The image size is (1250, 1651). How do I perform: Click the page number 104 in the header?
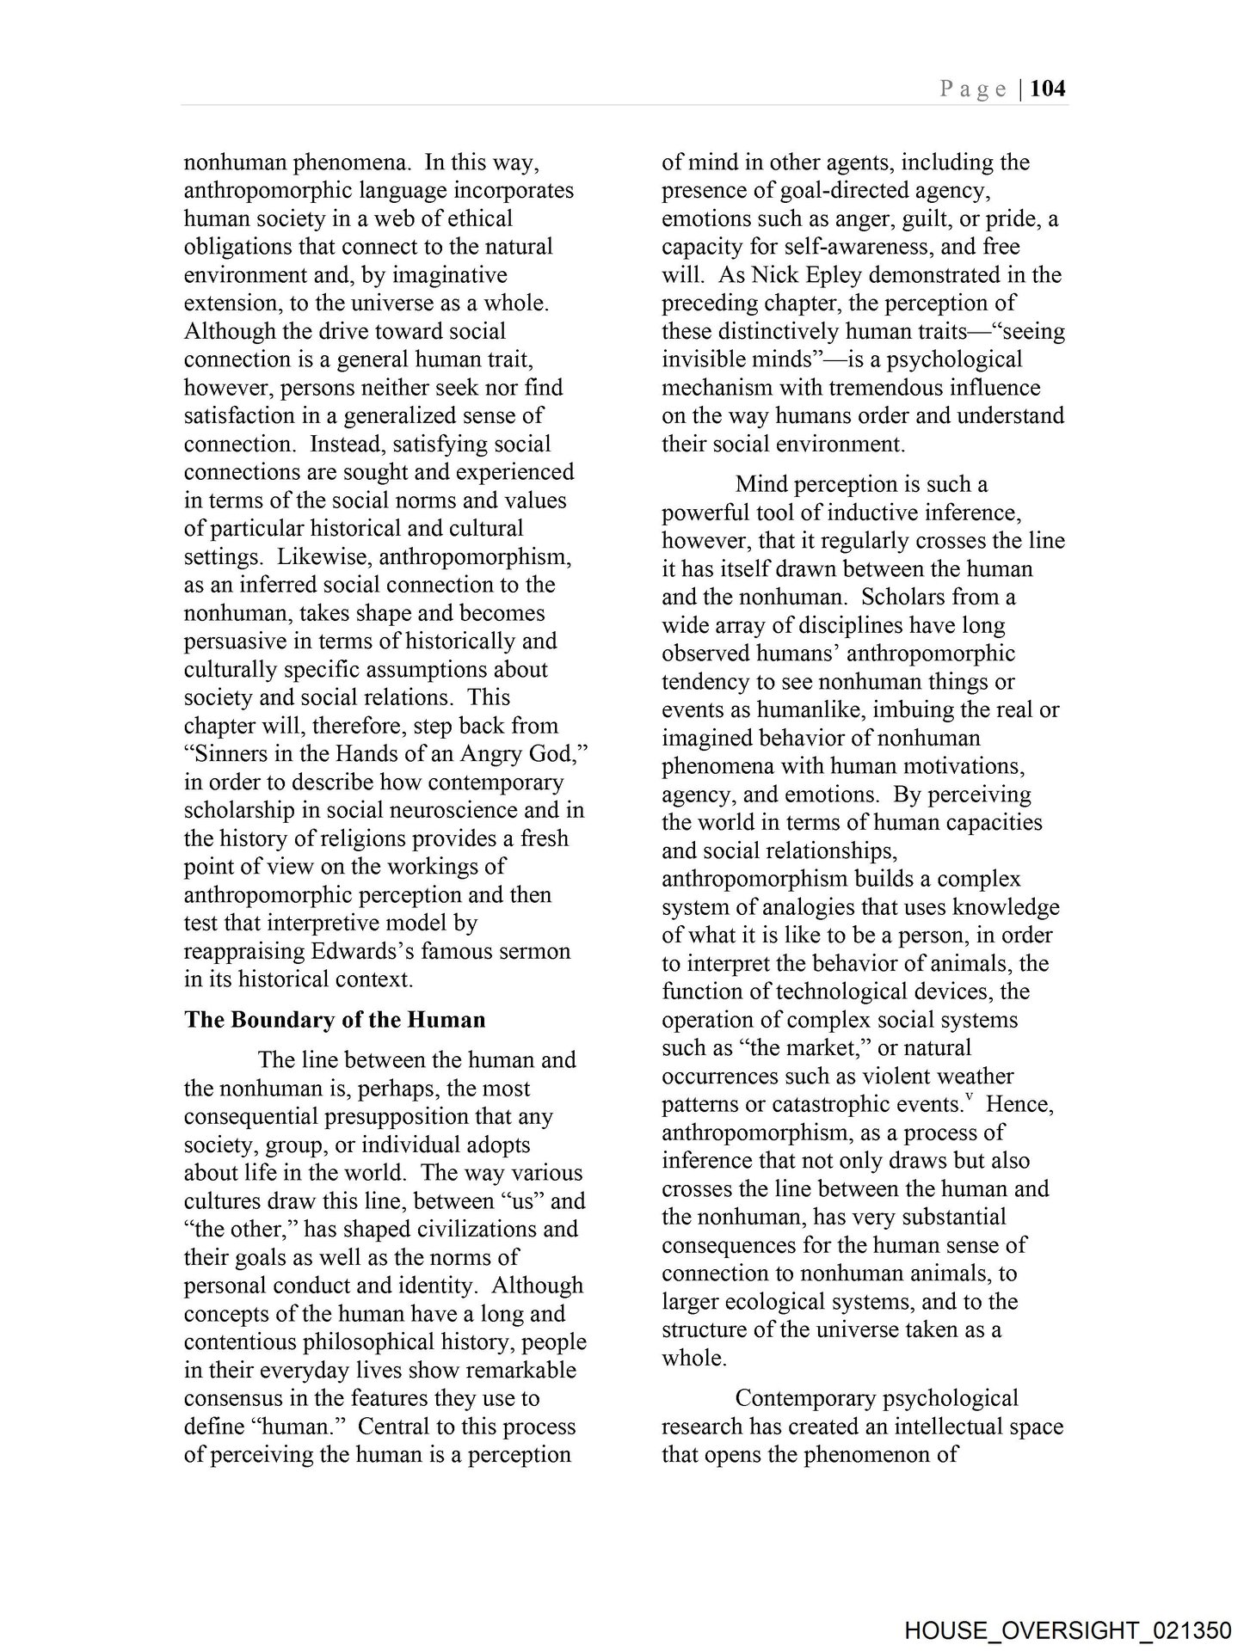click(x=1047, y=89)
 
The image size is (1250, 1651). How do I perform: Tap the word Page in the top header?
click(x=973, y=89)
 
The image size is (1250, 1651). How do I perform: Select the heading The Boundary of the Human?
click(x=335, y=1020)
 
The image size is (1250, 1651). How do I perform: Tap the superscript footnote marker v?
click(x=969, y=1097)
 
